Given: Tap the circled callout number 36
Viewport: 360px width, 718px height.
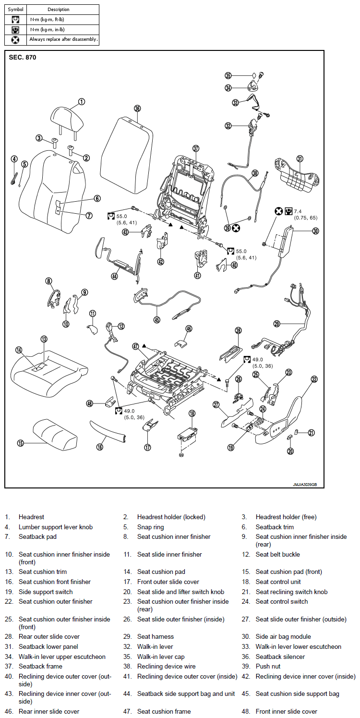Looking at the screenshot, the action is (x=137, y=109).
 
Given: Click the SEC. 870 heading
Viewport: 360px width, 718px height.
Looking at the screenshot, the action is (x=23, y=57).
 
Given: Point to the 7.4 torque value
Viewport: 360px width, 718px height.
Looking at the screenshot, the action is (x=298, y=211).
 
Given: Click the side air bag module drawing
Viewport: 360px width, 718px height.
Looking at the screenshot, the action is (x=285, y=242).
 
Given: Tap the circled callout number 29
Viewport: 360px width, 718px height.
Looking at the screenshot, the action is (x=277, y=324).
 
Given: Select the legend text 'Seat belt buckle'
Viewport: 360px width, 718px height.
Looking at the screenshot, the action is (x=278, y=554).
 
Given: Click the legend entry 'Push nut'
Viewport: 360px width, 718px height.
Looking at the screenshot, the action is (x=268, y=666).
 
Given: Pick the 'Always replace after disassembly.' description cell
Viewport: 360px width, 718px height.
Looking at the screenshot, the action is (x=63, y=39).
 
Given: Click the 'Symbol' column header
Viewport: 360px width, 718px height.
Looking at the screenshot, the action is (x=15, y=9).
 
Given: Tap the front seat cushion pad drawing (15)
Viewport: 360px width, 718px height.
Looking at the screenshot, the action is (x=55, y=434).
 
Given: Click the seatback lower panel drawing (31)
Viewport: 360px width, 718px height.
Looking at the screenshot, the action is (x=297, y=175).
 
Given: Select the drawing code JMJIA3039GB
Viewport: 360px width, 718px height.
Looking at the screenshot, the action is (x=305, y=484).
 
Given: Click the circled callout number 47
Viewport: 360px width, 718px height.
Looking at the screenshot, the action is (x=136, y=346).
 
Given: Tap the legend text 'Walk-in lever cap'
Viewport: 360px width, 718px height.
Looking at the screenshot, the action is (x=161, y=657).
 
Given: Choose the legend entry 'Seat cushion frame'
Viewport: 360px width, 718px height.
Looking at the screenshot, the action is (x=164, y=711).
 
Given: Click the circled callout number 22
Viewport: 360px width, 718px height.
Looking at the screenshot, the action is (x=314, y=379).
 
